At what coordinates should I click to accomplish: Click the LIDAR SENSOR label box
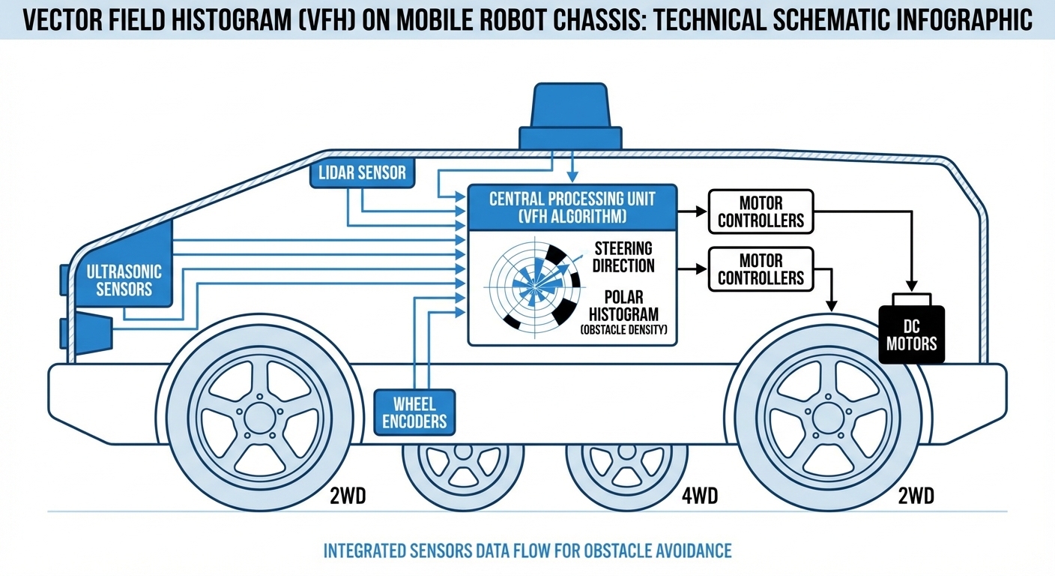tap(362, 173)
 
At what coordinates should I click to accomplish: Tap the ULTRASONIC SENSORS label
tap(124, 279)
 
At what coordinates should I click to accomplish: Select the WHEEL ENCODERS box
tap(414, 411)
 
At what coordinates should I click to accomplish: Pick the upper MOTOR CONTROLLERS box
tap(761, 211)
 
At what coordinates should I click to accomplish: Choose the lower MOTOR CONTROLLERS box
tap(761, 269)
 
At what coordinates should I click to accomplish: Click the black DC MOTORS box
tap(911, 335)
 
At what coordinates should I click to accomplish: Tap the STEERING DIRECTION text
tap(624, 256)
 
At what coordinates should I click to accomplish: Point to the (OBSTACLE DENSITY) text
tap(623, 330)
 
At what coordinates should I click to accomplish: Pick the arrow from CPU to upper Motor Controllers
tap(691, 211)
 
